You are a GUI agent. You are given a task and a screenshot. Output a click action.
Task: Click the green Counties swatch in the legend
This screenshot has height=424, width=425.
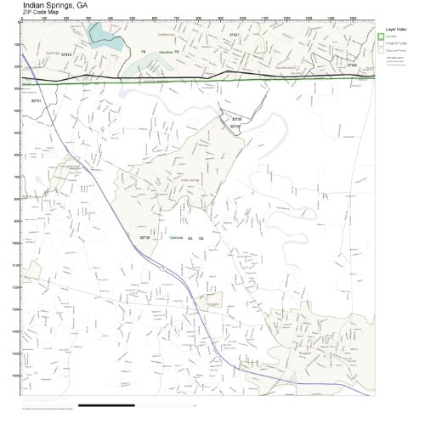pyautogui.click(x=382, y=37)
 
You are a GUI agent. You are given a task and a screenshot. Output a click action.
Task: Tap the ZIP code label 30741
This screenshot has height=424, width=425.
pyautogui.click(x=36, y=100)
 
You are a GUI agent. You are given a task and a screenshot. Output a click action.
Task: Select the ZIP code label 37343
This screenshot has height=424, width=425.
pyautogui.click(x=351, y=65)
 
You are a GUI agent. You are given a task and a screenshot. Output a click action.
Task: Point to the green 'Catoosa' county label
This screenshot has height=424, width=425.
pyautogui.click(x=176, y=238)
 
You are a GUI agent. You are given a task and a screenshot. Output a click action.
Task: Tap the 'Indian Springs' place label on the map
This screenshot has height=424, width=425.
pyautogui.click(x=190, y=180)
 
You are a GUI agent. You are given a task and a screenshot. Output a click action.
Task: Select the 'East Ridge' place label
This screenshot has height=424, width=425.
pyautogui.click(x=52, y=53)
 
